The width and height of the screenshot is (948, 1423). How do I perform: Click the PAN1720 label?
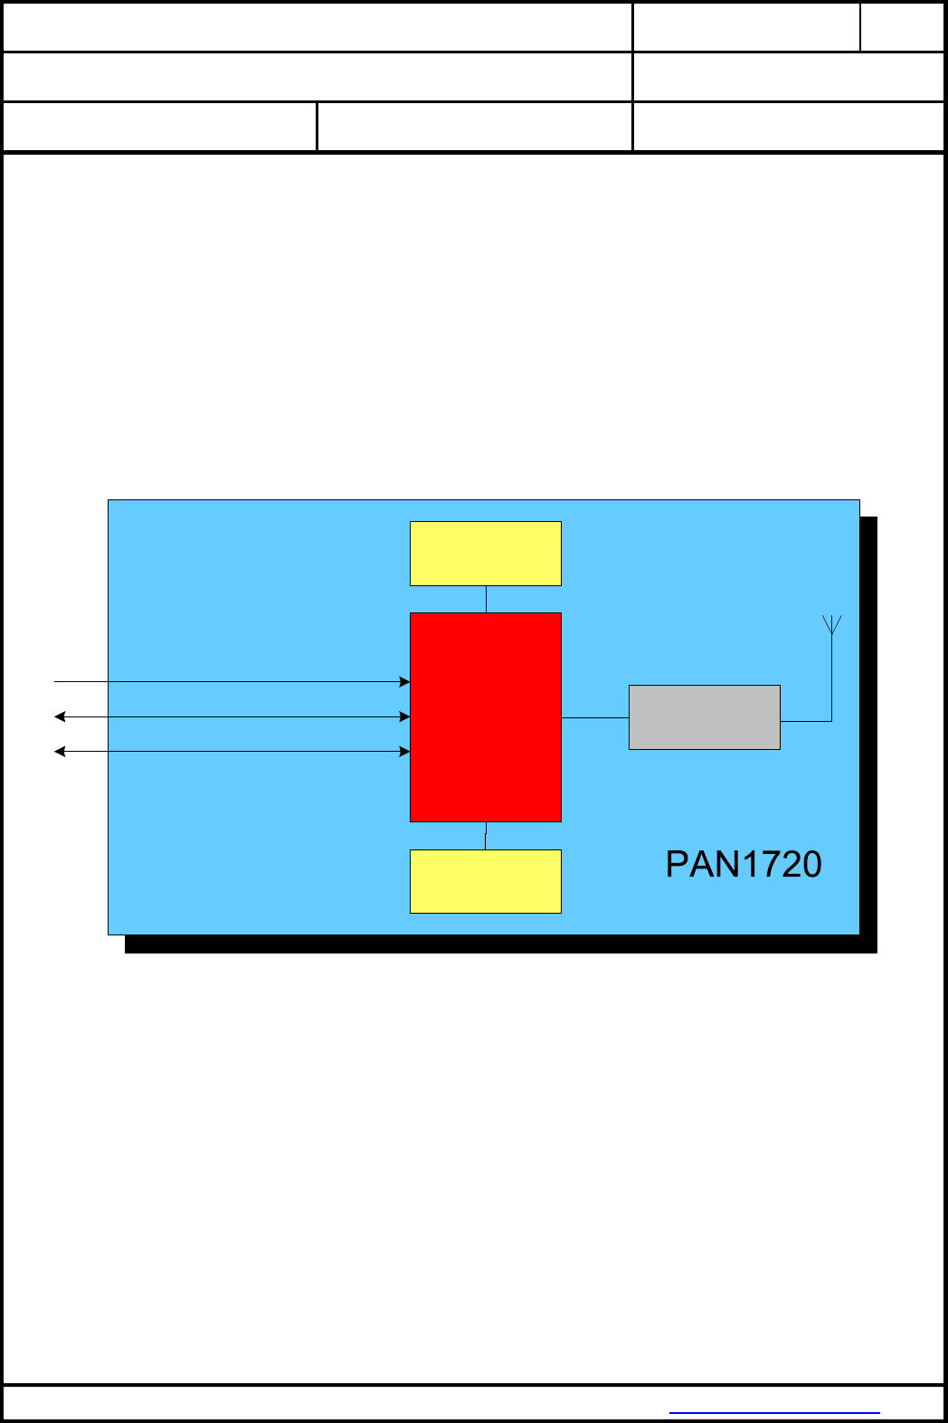743,865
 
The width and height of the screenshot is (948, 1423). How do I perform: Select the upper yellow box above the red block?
486,554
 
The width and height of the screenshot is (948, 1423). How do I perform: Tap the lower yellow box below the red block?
486,881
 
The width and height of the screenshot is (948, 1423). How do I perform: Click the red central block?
486,717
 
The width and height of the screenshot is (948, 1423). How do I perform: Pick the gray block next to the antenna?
705,717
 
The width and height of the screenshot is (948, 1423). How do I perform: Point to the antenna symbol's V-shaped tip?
832,623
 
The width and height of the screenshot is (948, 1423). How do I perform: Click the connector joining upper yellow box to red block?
486,599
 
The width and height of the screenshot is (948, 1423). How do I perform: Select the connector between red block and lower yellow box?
486,836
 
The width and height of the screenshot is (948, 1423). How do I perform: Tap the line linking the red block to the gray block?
595,717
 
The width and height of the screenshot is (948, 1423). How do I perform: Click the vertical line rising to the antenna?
831,678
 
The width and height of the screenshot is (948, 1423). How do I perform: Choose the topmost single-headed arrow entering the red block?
226,681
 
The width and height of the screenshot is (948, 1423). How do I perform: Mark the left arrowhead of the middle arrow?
60,716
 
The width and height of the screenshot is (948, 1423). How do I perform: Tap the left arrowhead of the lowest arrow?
60,751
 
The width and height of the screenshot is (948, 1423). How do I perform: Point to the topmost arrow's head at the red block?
405,681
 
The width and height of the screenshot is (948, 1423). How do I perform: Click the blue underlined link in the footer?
774,1411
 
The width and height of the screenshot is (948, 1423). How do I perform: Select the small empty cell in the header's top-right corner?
902,27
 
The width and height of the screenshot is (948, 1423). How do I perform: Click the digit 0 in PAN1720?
811,865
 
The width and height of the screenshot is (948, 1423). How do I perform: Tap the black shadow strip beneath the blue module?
501,944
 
